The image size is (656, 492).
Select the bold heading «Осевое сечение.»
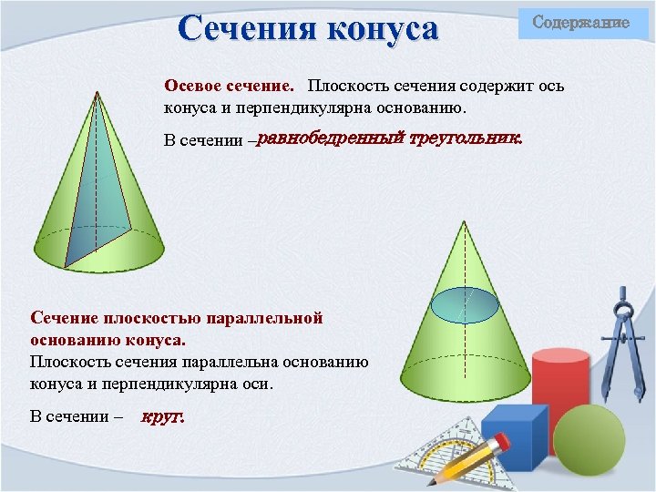click(x=229, y=87)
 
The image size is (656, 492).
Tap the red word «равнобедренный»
click(x=330, y=140)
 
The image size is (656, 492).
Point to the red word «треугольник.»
click(x=465, y=140)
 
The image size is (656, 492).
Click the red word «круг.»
click(x=163, y=418)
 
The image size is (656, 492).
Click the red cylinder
click(x=560, y=383)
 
